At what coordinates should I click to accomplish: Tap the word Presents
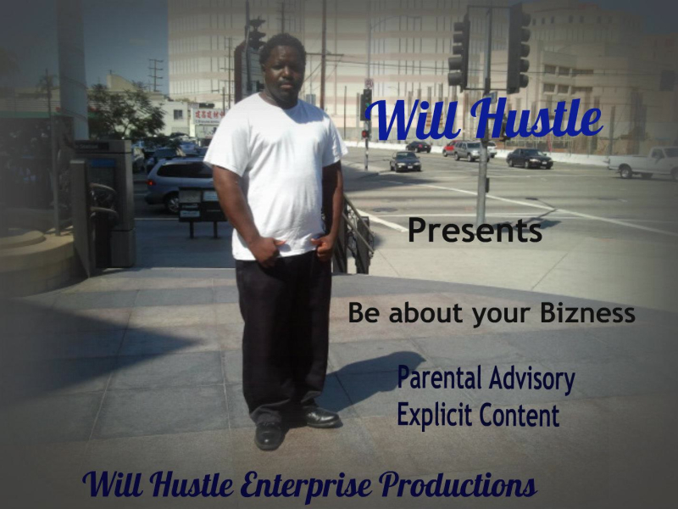[475, 231]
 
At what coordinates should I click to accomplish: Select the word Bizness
[591, 314]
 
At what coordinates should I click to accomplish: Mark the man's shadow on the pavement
[373, 378]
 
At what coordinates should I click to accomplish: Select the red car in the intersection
[449, 148]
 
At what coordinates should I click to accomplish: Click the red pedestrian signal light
[365, 133]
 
